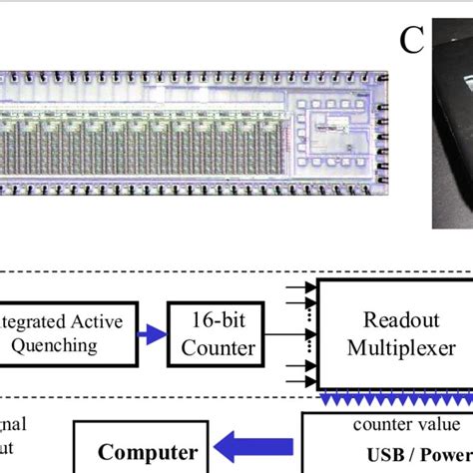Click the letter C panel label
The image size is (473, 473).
click(x=412, y=41)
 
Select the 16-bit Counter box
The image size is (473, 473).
click(x=217, y=333)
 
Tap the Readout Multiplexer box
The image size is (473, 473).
click(x=395, y=333)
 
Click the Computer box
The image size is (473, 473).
click(x=142, y=450)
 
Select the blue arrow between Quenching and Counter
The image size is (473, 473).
click(x=152, y=334)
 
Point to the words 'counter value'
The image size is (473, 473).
click(x=392, y=424)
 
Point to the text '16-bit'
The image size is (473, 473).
click(x=217, y=321)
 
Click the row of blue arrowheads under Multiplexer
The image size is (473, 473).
click(x=395, y=399)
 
